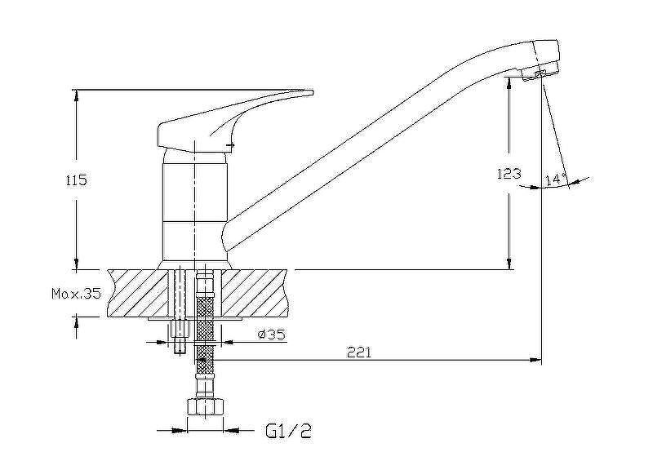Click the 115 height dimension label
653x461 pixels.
[76, 180]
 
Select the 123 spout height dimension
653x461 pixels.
[509, 173]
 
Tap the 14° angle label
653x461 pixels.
[556, 180]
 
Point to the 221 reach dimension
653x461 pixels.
[358, 352]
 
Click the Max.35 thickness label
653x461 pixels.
[76, 294]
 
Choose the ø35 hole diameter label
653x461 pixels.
[272, 334]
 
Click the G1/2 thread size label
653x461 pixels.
[289, 431]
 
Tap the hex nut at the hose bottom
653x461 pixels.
[206, 407]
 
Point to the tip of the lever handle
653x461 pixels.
[312, 92]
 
